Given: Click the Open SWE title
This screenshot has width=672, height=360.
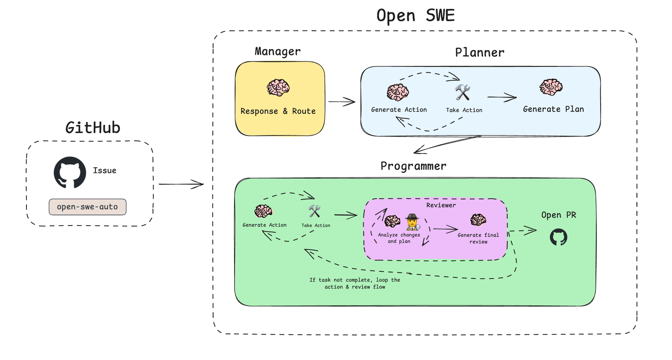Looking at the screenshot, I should (415, 16).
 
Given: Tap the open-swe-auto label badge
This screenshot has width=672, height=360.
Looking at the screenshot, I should (87, 207).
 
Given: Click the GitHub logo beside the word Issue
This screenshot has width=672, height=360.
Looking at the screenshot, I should (70, 172).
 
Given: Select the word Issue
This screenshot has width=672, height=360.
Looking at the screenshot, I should (105, 171).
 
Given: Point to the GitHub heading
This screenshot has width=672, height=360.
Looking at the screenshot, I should (93, 128).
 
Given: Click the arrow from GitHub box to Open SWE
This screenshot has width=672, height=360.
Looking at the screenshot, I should (181, 184).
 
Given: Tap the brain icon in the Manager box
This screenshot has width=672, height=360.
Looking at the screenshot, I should (278, 88).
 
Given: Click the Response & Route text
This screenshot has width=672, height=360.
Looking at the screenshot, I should (278, 111).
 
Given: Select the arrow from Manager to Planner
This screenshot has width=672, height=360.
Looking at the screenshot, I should (341, 102).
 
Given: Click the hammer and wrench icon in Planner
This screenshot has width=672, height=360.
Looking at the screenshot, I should (462, 93).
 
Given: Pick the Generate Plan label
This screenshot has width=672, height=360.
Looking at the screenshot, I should (553, 109).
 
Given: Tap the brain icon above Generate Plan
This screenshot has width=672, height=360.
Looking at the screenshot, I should (551, 87).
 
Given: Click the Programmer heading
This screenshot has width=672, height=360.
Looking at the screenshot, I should (413, 166).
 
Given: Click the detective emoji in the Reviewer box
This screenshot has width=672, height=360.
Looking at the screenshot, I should (413, 222).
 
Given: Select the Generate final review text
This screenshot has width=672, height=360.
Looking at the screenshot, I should (478, 238).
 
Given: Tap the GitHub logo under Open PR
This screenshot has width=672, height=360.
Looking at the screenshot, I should (558, 237).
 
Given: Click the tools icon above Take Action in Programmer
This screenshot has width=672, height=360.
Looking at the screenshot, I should (315, 211).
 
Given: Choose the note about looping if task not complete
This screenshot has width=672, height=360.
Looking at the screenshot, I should (355, 283).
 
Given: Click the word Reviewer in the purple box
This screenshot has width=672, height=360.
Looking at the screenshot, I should (441, 205).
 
